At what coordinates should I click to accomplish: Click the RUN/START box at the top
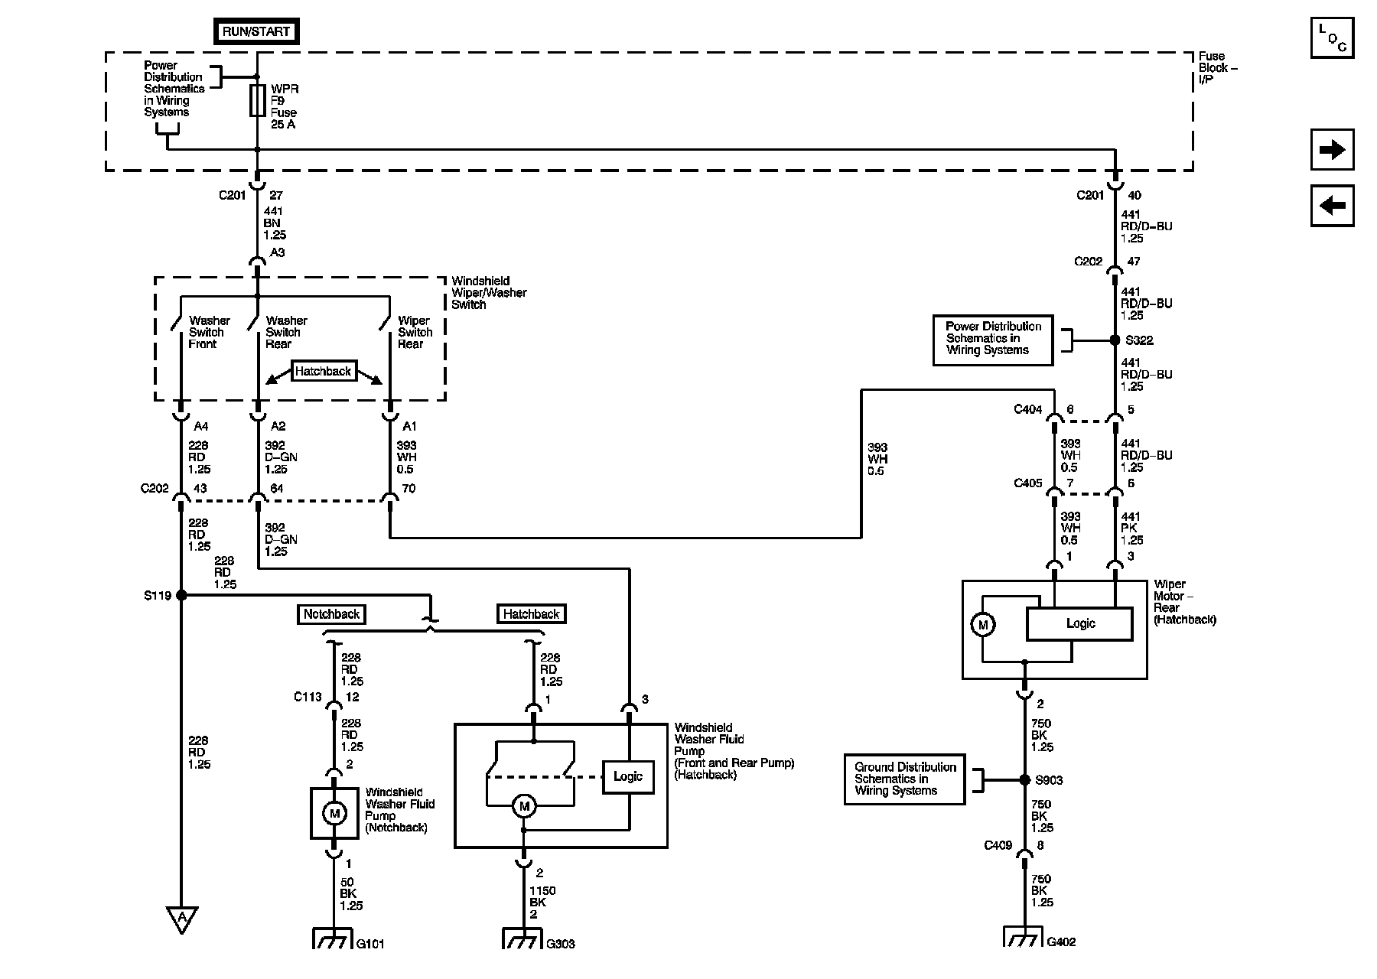[x=256, y=31]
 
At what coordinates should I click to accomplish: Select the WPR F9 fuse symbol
[x=257, y=100]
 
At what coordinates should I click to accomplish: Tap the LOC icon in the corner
[x=1332, y=37]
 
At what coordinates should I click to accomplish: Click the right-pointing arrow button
[x=1332, y=149]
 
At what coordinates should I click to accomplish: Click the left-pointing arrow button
[x=1332, y=206]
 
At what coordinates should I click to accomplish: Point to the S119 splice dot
[x=181, y=595]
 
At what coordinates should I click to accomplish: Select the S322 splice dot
[x=1115, y=340]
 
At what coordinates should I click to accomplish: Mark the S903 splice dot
[x=1024, y=779]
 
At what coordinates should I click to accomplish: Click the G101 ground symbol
[x=334, y=938]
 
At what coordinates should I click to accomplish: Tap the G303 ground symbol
[x=523, y=938]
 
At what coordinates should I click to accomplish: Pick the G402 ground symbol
[x=1024, y=936]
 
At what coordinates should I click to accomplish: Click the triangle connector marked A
[x=182, y=919]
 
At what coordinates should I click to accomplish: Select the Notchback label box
[x=331, y=614]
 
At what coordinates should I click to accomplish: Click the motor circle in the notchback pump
[x=334, y=813]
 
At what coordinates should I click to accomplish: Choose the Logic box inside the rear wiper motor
[x=1079, y=624]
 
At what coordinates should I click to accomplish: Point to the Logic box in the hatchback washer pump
[x=628, y=777]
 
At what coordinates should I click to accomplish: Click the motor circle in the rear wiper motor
[x=983, y=625]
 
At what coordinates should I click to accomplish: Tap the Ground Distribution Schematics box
[x=905, y=779]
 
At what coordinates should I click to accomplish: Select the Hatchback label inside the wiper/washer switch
[x=323, y=372]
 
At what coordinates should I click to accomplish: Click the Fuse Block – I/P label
[x=1217, y=67]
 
